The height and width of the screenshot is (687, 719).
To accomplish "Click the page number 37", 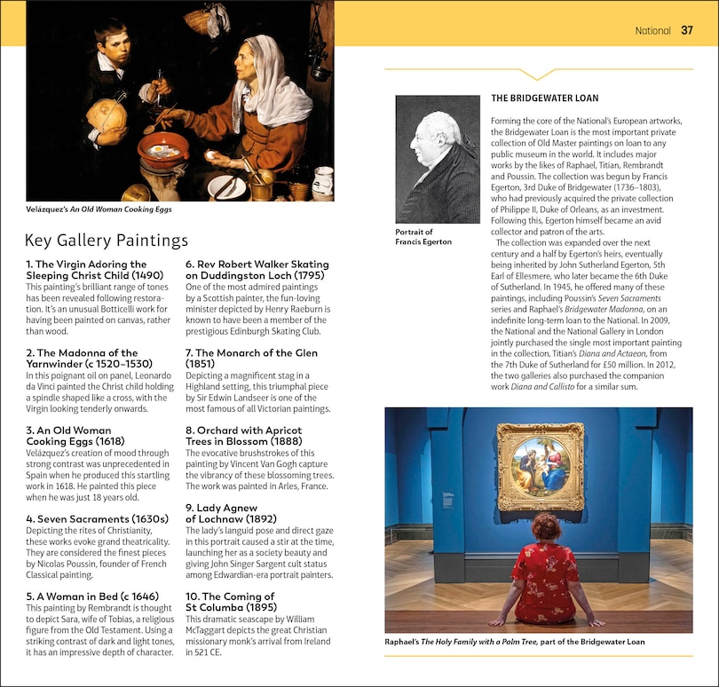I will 687,30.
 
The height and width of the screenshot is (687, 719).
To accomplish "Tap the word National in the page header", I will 652,31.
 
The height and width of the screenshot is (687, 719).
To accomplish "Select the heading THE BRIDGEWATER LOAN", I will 544,99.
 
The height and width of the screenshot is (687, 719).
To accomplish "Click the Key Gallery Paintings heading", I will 107,240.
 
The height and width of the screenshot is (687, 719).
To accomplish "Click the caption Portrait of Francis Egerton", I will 423,237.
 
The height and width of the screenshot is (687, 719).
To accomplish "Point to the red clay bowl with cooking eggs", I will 162,151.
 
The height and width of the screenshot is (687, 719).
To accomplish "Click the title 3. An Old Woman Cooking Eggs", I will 75,436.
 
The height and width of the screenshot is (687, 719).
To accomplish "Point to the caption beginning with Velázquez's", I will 99,209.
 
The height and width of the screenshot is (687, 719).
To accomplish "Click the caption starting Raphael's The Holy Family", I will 514,642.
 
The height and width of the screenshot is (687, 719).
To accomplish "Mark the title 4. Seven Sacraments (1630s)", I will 97,518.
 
